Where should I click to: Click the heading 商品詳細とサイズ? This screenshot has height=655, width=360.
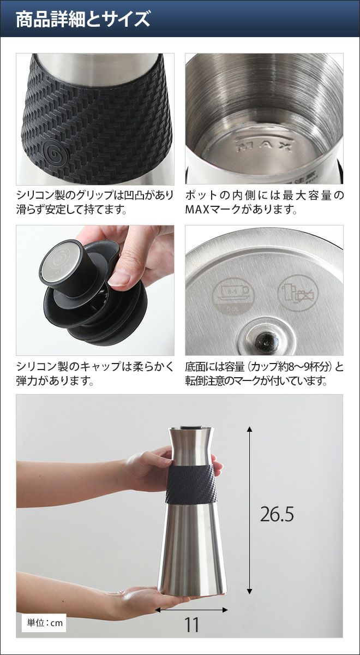click(83, 19)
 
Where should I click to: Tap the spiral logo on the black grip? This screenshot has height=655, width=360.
click(55, 153)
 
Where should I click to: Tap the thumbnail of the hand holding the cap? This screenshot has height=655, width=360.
click(95, 290)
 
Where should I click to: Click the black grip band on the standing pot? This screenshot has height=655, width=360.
click(191, 484)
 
